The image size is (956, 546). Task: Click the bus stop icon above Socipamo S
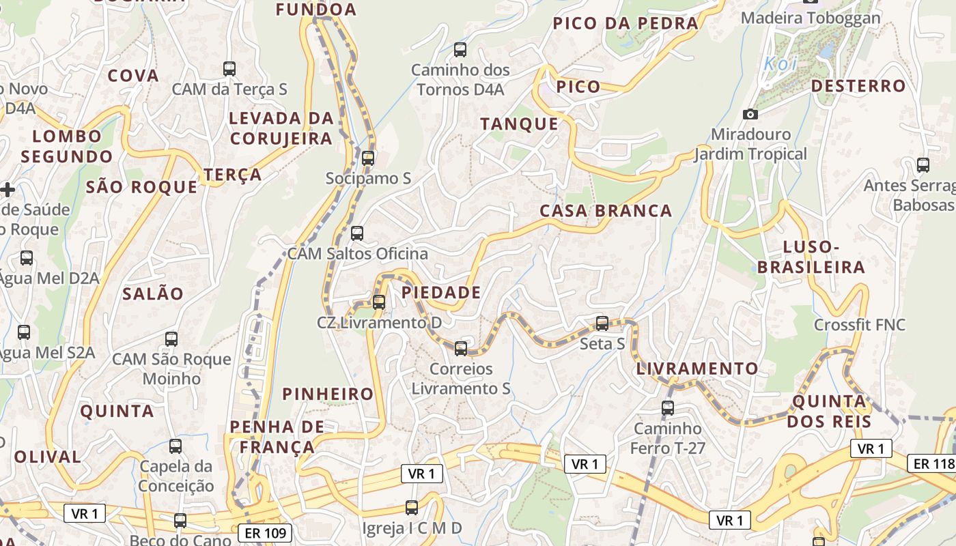(368, 158)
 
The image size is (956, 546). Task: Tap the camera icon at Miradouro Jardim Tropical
(750, 114)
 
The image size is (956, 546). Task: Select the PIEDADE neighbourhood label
(441, 293)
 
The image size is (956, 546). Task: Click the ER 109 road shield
(266, 532)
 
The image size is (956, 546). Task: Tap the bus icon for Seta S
(602, 324)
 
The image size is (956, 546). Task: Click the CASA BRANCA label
(606, 211)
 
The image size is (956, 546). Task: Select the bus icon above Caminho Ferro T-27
(668, 408)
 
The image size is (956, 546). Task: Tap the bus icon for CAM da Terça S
(229, 69)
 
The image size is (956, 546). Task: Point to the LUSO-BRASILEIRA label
(811, 257)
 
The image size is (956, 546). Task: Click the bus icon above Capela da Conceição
(175, 446)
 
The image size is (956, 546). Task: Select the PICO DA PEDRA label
(625, 23)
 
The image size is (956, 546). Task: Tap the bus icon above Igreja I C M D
(412, 508)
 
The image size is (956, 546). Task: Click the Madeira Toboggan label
(811, 18)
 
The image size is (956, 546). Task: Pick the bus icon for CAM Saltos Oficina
(357, 233)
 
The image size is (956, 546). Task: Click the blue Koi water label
(780, 63)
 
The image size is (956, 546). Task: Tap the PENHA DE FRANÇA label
(277, 437)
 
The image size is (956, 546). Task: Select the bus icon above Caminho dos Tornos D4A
(460, 49)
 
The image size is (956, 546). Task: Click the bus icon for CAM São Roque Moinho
(171, 339)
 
